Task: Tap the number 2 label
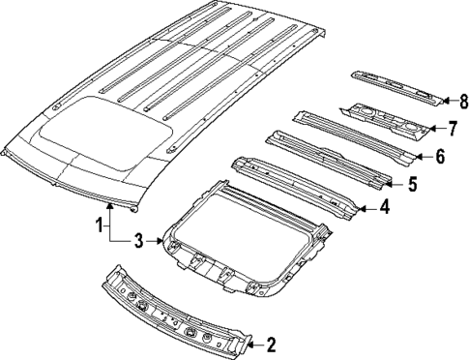(x=271, y=343)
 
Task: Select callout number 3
(x=138, y=240)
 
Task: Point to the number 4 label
(x=384, y=206)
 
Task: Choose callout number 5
(x=413, y=183)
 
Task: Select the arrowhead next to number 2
(x=253, y=343)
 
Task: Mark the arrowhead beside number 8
(x=447, y=98)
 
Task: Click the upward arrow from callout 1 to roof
(x=110, y=207)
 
